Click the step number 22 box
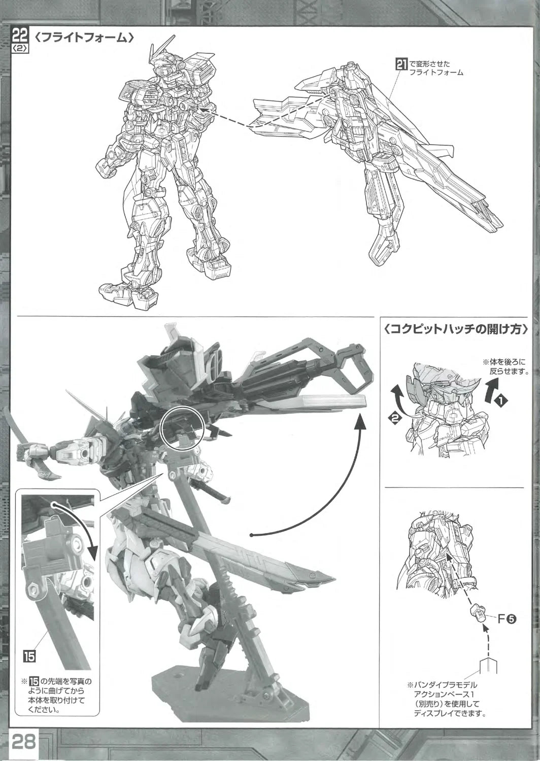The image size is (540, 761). pyautogui.click(x=20, y=36)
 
